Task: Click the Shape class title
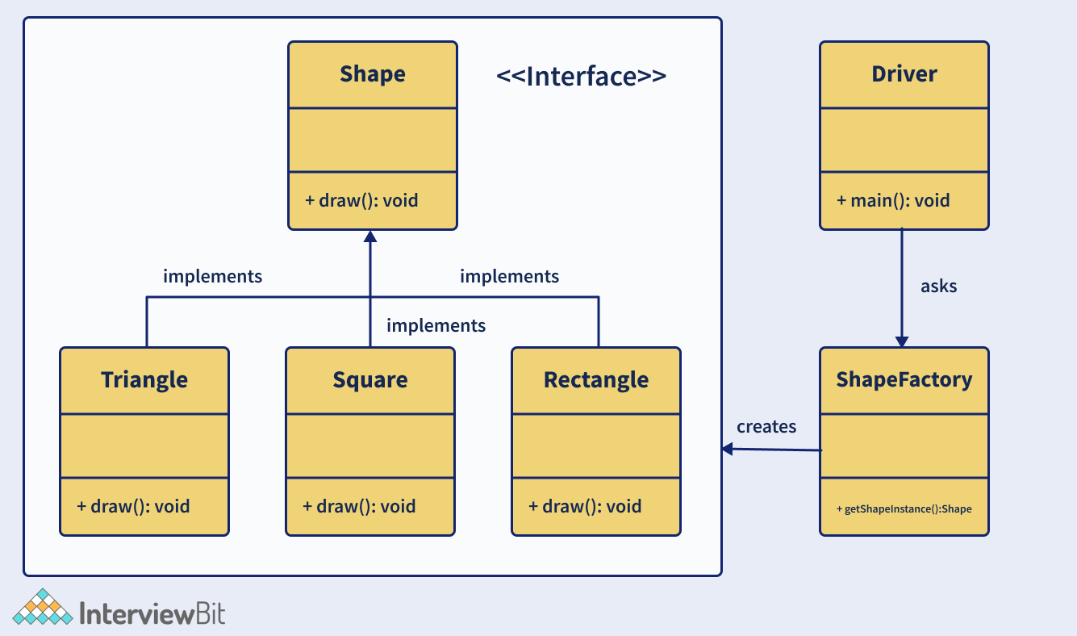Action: (x=373, y=74)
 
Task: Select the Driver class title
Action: (x=904, y=74)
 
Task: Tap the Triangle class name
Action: (x=144, y=379)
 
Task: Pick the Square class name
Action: (x=370, y=379)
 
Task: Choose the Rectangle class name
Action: (x=596, y=379)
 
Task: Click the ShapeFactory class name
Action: (x=904, y=379)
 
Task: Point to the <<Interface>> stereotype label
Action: (x=581, y=77)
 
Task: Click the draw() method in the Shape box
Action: (x=361, y=200)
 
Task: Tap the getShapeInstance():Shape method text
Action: (x=904, y=509)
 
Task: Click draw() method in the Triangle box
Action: (x=133, y=506)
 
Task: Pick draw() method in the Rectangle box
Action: (x=585, y=506)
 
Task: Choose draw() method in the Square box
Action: (x=359, y=506)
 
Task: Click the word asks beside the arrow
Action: (x=938, y=286)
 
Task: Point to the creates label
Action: (x=766, y=426)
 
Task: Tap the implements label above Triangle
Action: (x=212, y=276)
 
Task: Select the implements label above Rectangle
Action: (x=509, y=276)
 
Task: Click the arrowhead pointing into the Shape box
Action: (x=370, y=236)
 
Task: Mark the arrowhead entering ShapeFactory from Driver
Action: (x=902, y=341)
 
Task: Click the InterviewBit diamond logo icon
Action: (x=42, y=608)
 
